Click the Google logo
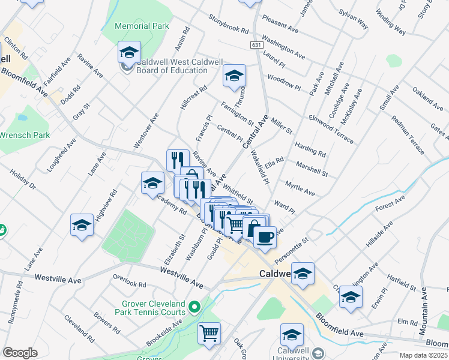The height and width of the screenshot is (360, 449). click(x=20, y=353)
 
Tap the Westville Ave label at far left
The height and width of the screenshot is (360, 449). click(x=58, y=278)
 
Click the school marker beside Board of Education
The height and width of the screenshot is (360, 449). click(x=129, y=52)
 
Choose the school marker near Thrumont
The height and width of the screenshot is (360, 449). click(x=234, y=75)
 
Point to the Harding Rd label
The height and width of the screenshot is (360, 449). click(x=310, y=149)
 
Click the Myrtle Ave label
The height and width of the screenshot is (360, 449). click(x=300, y=188)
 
